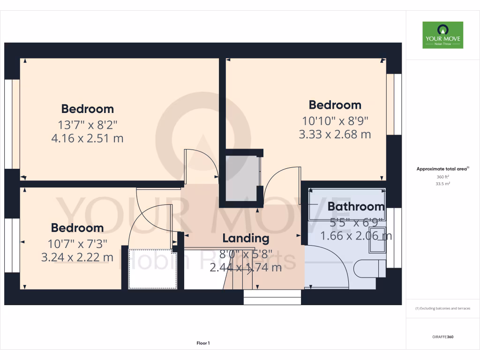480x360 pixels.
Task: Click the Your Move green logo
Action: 442,35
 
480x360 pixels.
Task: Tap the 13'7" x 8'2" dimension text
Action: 88,125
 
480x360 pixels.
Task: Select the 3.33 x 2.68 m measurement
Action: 335,135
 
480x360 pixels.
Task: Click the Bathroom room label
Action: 356,206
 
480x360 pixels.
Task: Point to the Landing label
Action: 246,238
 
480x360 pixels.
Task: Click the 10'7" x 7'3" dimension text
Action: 77,243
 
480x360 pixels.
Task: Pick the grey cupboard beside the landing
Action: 242,178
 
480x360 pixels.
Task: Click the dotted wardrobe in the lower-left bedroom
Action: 152,269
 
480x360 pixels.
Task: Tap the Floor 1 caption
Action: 203,344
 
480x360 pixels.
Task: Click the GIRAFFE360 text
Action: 442,337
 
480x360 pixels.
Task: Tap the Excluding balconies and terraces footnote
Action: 442,308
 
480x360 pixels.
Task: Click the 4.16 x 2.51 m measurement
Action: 87,138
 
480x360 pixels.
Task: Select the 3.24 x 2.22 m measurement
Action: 77,257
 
